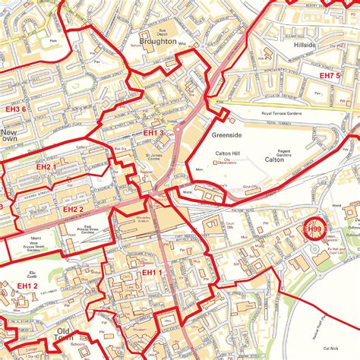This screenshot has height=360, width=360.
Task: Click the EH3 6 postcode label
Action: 14,109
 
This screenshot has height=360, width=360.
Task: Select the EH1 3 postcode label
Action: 153,133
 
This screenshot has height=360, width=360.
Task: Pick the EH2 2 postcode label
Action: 74,209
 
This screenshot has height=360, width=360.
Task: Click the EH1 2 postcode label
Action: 27,286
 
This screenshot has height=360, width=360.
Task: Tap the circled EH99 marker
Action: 313,229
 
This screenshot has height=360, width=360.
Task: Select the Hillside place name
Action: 309,45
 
